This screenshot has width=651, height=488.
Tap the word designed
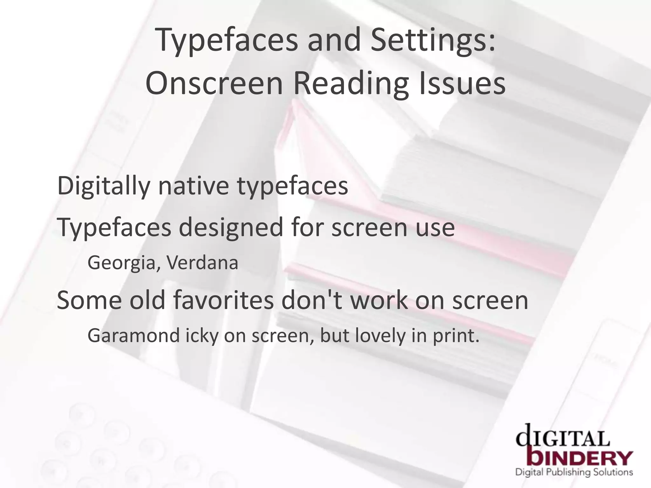pyautogui.click(x=230, y=228)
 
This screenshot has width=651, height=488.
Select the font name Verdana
pyautogui.click(x=202, y=263)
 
